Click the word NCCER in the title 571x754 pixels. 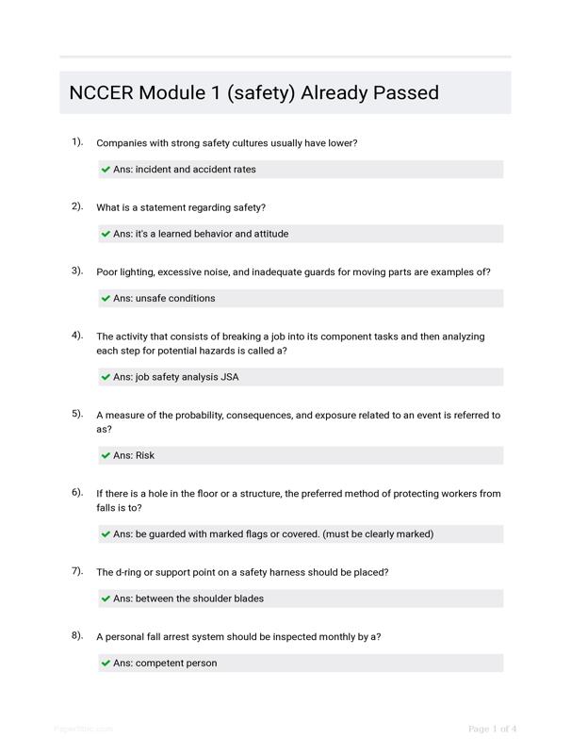pos(101,93)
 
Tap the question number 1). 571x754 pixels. pos(77,141)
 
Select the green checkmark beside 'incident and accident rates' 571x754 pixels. pos(106,170)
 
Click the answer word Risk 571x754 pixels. pos(145,455)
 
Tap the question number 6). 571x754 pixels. pos(77,492)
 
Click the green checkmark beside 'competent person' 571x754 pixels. pos(106,664)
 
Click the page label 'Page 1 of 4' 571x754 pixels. pos(492,729)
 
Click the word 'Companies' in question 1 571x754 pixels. pos(122,143)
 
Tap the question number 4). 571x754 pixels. pos(77,335)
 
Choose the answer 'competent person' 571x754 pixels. pos(176,664)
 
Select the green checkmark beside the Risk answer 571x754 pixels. pos(106,455)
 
